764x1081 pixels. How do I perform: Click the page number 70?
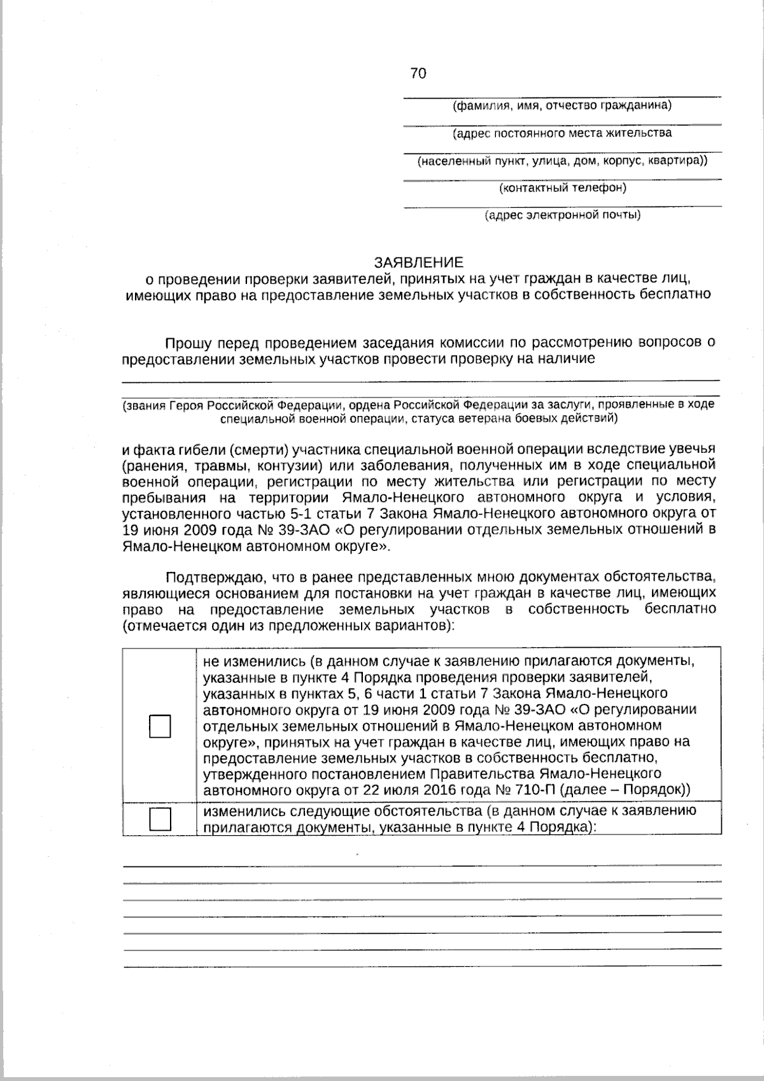coord(418,74)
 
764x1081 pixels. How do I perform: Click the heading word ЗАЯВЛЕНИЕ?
coord(418,262)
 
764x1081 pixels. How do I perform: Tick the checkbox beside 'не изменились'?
coord(160,726)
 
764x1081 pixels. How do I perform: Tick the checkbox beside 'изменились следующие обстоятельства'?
coord(160,819)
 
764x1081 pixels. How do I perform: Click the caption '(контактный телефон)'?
coord(563,187)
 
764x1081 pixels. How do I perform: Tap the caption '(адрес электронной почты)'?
coord(563,215)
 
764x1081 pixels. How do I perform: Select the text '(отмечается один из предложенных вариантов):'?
coord(288,625)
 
